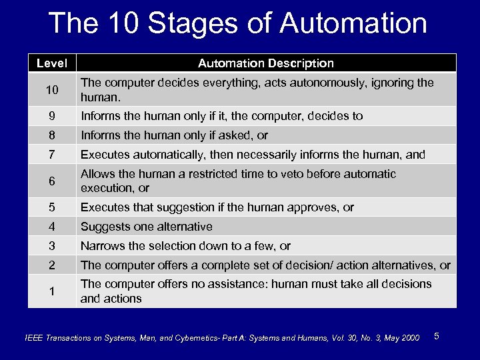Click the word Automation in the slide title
(353, 23)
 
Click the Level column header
(52, 63)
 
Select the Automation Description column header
(266, 63)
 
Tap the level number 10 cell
(52, 90)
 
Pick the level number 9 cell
(52, 116)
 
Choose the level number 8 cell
(52, 135)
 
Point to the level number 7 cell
(52, 155)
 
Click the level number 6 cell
(52, 181)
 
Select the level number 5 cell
(52, 207)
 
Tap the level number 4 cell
(52, 227)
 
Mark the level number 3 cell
(52, 246)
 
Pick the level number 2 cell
(52, 265)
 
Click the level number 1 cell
(52, 291)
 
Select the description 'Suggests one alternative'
(147, 227)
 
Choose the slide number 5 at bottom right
(436, 335)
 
